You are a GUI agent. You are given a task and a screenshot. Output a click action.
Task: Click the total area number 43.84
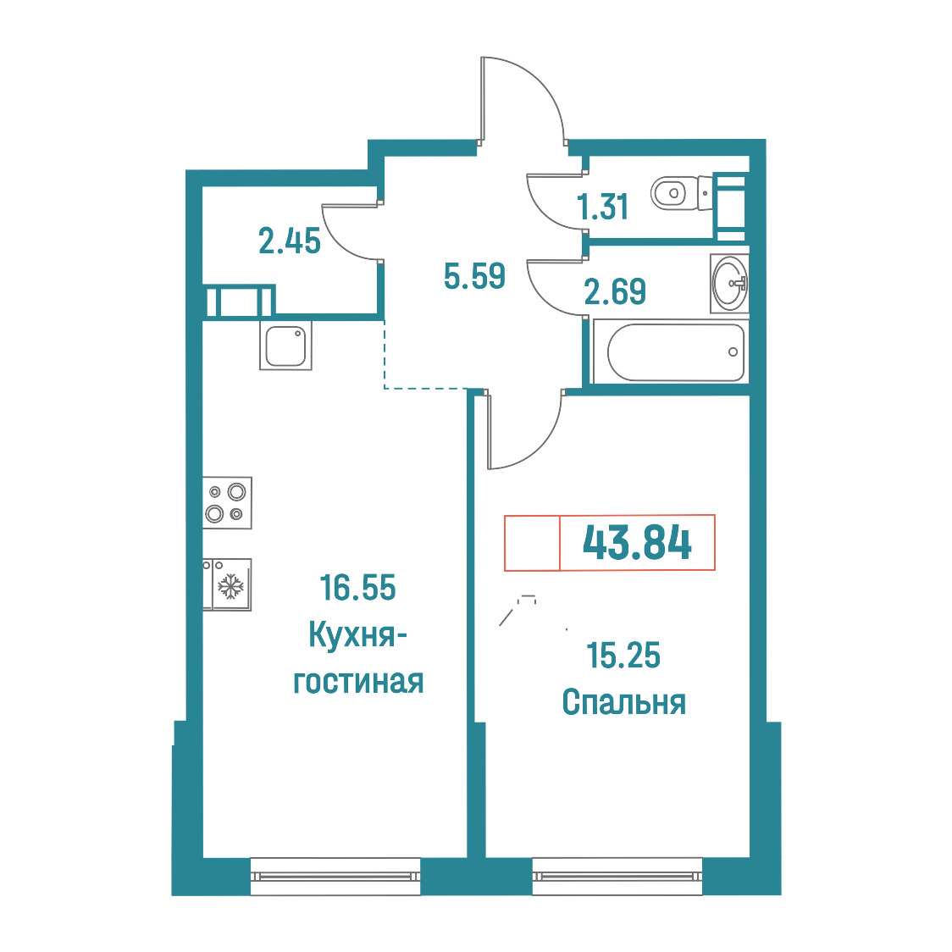[637, 542]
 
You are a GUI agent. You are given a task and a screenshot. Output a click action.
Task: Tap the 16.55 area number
[357, 588]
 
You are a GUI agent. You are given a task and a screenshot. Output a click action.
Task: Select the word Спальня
[623, 702]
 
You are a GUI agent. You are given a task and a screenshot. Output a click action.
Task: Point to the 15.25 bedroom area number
[623, 656]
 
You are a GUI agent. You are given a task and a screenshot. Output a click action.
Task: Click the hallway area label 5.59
[474, 276]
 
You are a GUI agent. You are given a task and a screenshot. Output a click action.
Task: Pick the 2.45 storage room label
[290, 241]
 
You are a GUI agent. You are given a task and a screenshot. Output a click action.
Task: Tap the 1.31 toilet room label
[603, 207]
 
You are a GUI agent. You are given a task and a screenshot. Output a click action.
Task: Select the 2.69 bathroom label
[614, 291]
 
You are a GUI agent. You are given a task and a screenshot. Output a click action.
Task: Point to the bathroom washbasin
[729, 284]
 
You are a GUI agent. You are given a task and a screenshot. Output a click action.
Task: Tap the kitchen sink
[285, 346]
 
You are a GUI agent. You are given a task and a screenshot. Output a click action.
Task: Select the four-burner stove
[227, 503]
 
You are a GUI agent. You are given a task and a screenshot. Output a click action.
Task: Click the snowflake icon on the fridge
[230, 586]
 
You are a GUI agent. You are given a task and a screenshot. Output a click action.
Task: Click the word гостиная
[358, 683]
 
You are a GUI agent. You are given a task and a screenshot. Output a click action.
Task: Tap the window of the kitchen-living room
[335, 876]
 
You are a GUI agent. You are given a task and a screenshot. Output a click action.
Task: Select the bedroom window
[617, 876]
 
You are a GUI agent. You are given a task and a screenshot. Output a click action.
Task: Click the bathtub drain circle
[733, 352]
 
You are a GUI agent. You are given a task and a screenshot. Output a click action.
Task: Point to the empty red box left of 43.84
[532, 543]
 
